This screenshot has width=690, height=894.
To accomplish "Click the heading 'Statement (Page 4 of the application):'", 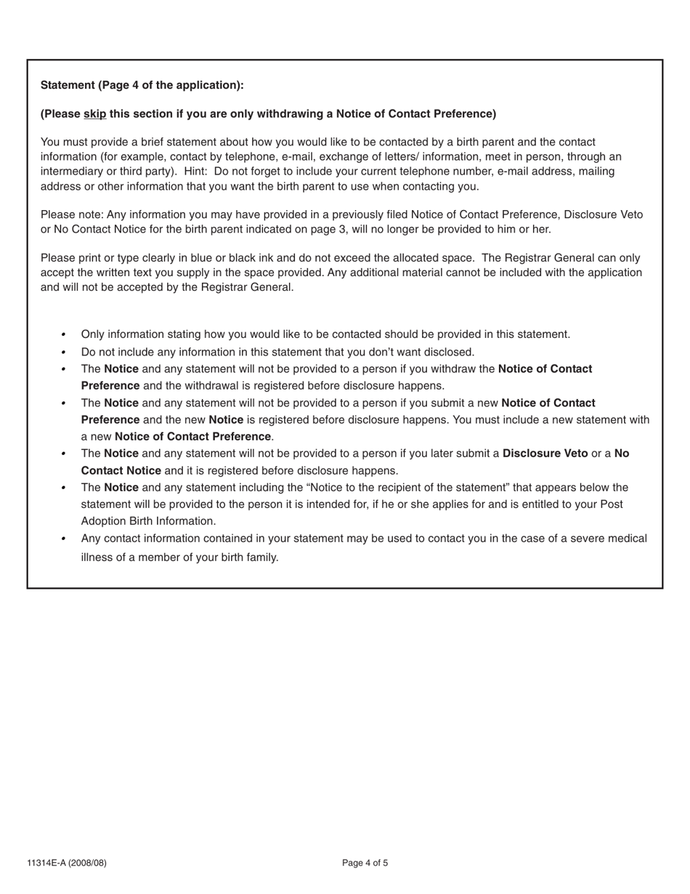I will pyautogui.click(x=142, y=85).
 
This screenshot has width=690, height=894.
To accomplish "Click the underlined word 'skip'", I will pyautogui.click(x=94, y=113).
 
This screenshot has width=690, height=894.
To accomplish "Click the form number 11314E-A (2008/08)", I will pyautogui.click(x=67, y=863).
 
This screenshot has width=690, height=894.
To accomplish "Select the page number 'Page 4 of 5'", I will pyautogui.click(x=365, y=863).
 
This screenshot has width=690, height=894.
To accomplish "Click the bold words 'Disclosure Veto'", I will pyautogui.click(x=545, y=454).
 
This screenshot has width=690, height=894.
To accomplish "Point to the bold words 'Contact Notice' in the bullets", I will pyautogui.click(x=121, y=470).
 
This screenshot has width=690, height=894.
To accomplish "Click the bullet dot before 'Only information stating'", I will pyautogui.click(x=63, y=334).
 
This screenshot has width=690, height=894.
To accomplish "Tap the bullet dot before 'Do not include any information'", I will pyautogui.click(x=63, y=353).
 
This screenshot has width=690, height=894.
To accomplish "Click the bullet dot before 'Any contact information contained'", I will pyautogui.click(x=63, y=539).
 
